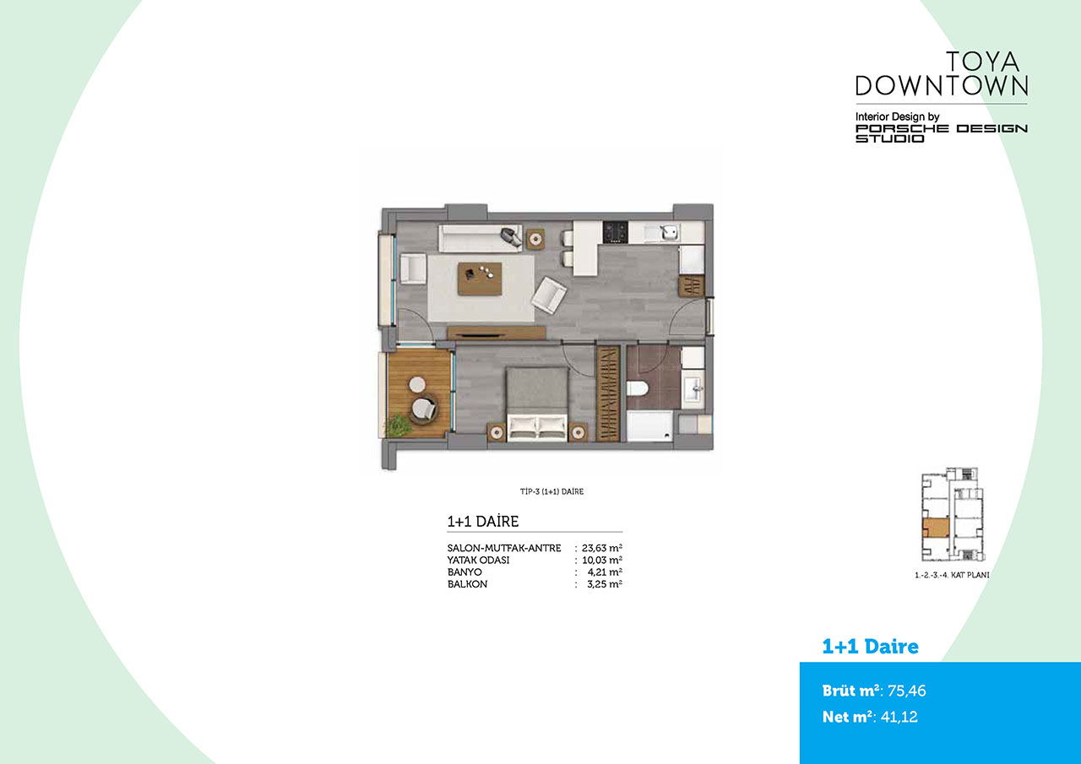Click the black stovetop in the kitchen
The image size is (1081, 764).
click(x=616, y=231)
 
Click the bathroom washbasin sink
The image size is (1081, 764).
click(x=694, y=388)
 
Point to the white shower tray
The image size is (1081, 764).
click(x=649, y=425)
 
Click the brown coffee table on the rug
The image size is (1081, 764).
click(x=480, y=279)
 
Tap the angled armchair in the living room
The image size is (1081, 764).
click(x=549, y=295)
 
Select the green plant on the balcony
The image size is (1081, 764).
click(x=398, y=425)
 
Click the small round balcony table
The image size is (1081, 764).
click(x=417, y=384)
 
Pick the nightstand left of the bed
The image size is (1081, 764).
click(x=496, y=432)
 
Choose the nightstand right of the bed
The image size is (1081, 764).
click(x=578, y=432)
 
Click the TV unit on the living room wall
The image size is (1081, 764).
click(x=496, y=333)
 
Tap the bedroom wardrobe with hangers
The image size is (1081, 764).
click(x=607, y=393)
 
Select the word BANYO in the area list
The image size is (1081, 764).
click(x=464, y=572)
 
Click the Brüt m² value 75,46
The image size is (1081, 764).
click(x=907, y=691)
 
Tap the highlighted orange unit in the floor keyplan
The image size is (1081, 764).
click(x=935, y=528)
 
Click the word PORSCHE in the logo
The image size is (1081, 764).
click(x=902, y=128)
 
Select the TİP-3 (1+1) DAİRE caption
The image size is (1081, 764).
click(x=551, y=491)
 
